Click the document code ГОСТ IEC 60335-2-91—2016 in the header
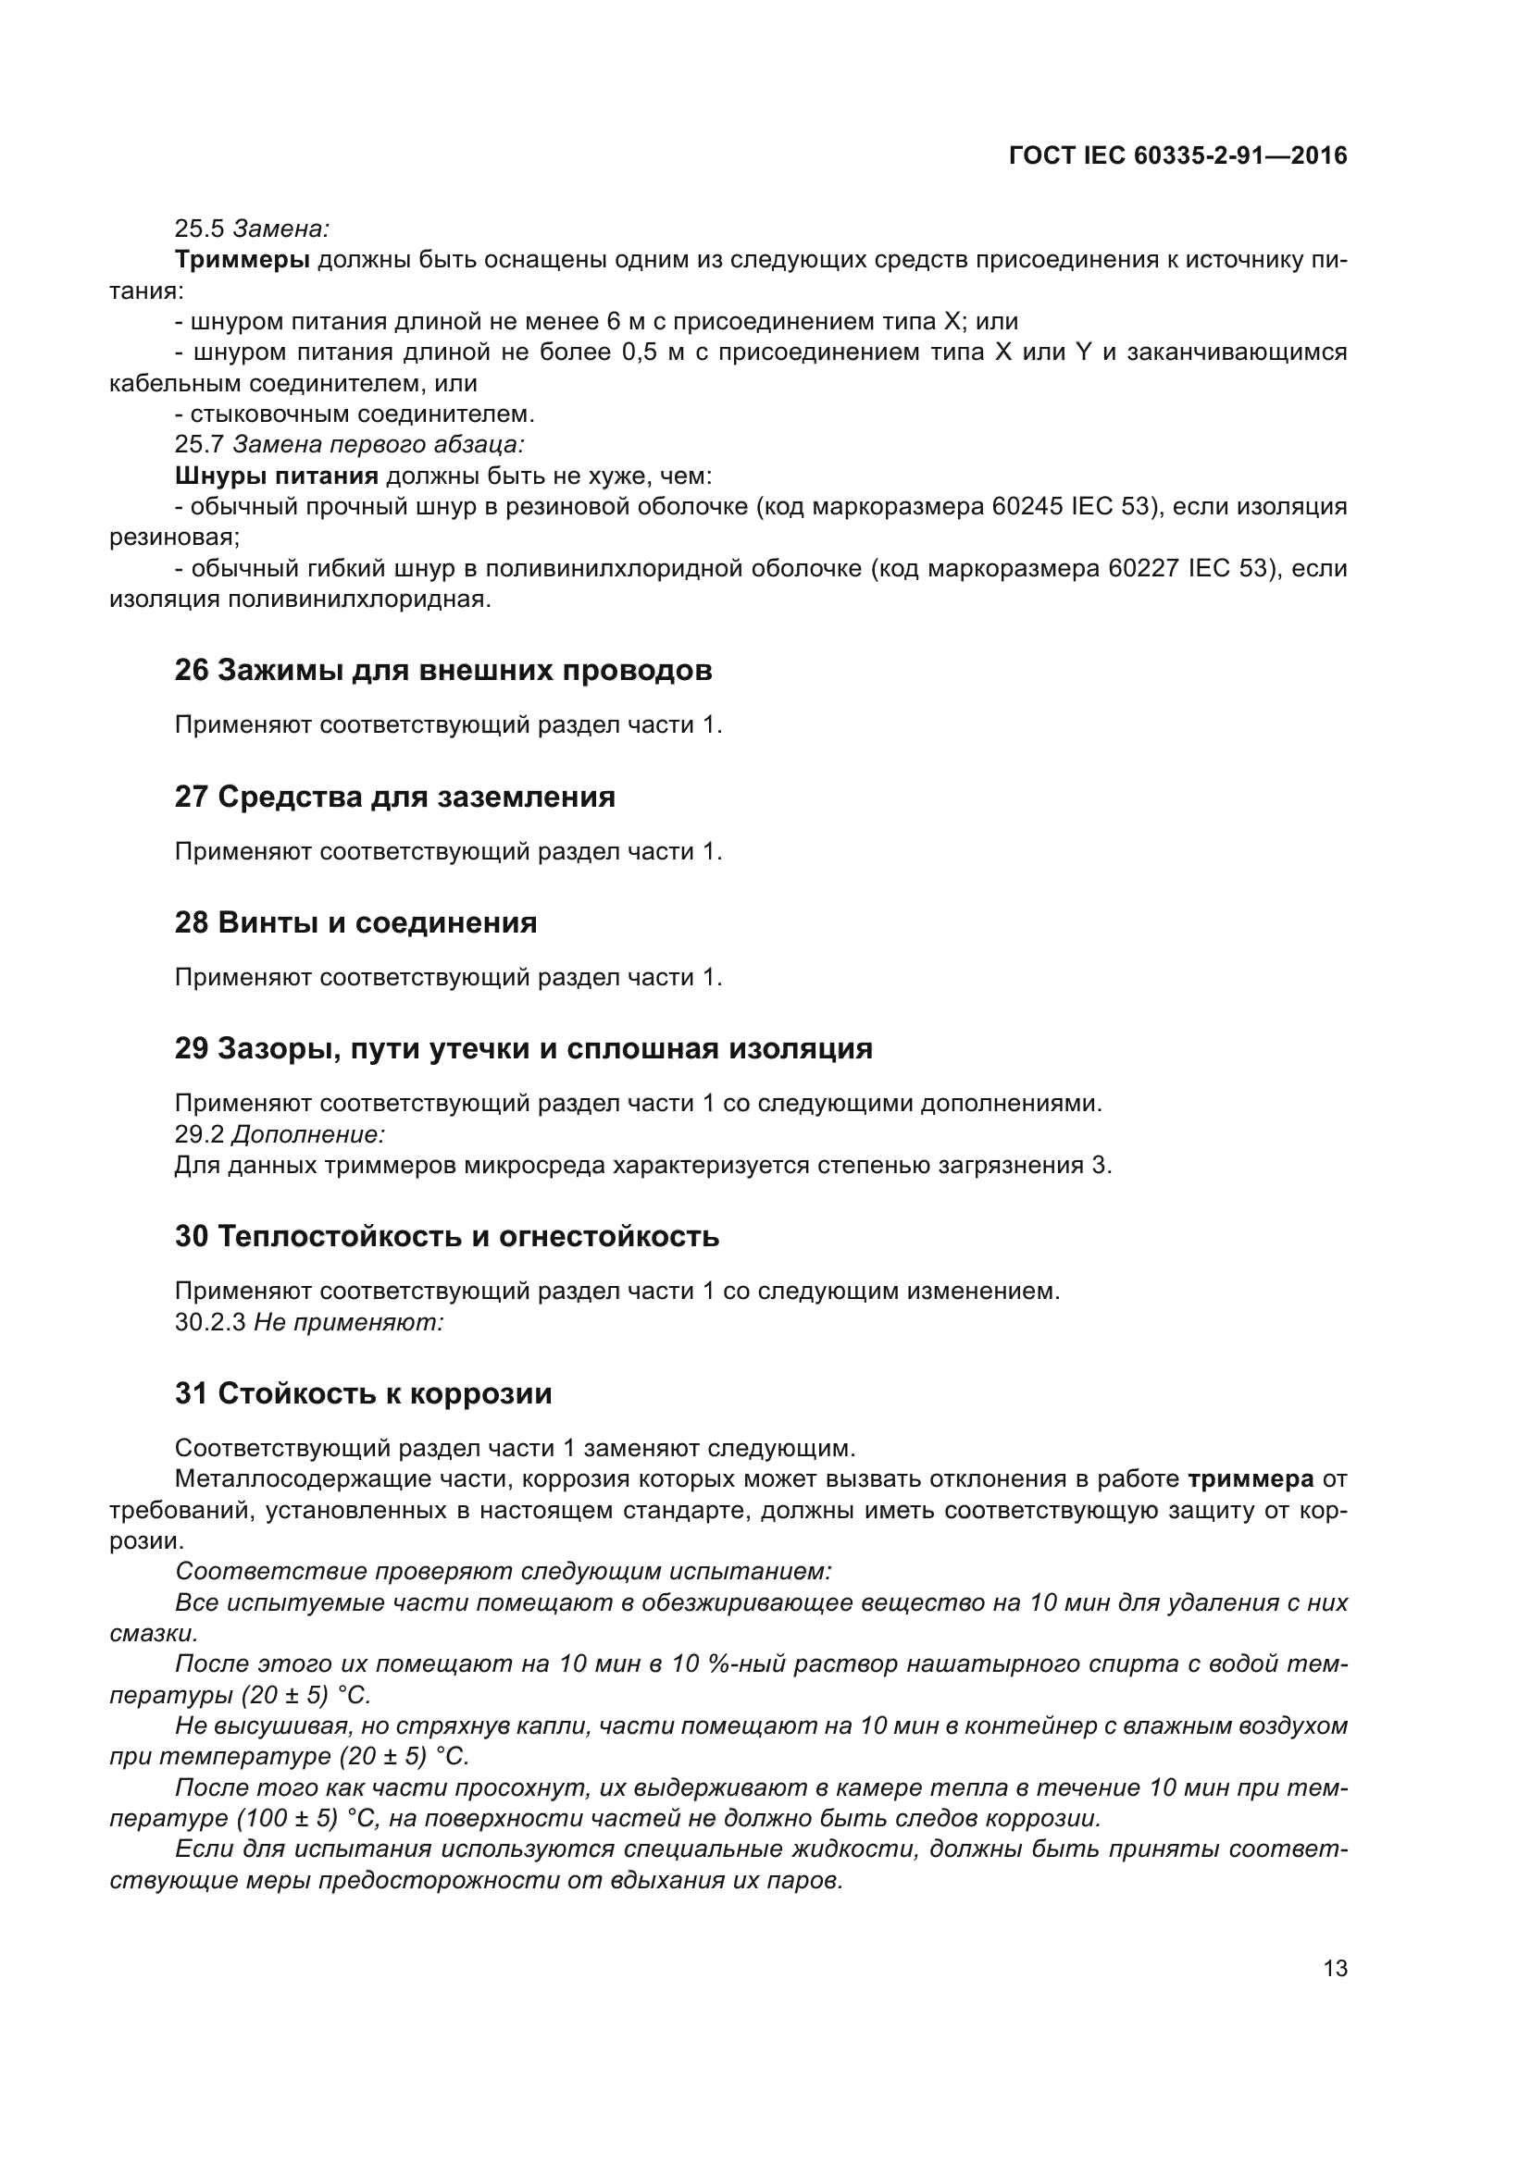point(1177,155)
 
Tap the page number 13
point(1335,1969)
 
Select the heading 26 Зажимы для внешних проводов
point(443,670)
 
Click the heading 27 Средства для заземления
point(394,797)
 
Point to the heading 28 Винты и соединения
point(355,921)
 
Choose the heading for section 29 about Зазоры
point(523,1048)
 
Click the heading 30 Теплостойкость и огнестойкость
point(447,1236)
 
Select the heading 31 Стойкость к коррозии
point(363,1393)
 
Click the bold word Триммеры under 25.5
point(243,259)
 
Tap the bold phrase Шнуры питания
point(276,476)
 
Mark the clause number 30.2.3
point(209,1322)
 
